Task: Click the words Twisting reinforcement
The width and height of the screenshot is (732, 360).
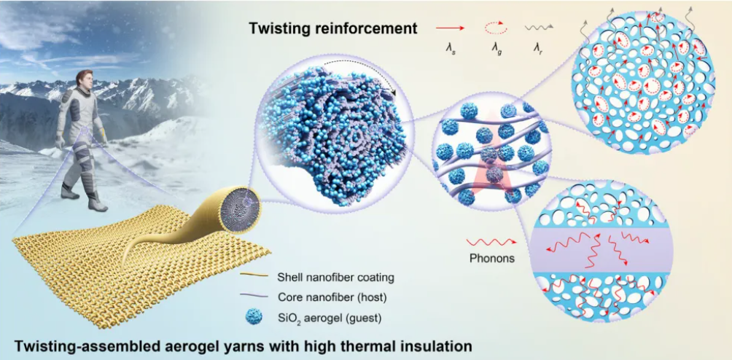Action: click(x=333, y=28)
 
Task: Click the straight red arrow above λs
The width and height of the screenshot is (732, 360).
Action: click(x=451, y=28)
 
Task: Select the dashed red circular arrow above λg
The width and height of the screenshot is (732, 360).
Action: click(x=494, y=28)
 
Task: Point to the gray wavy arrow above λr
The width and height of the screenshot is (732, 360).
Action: click(x=539, y=28)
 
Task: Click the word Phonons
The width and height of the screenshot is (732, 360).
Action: click(x=491, y=258)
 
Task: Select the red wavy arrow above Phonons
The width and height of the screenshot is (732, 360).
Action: click(x=491, y=242)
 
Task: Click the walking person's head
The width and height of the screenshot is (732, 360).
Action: click(x=85, y=78)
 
